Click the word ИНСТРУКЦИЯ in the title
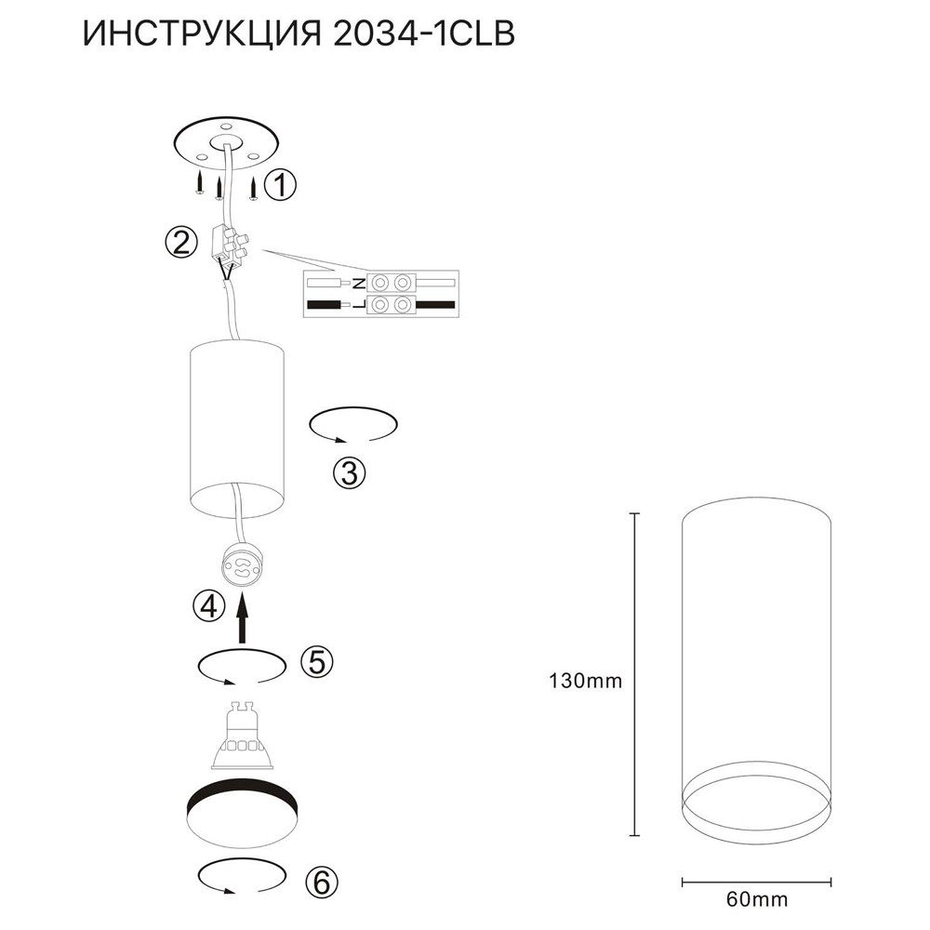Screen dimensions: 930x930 (202, 33)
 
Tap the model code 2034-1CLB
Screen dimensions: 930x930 (424, 33)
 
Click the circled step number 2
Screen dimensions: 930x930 (181, 243)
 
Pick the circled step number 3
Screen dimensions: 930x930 (350, 473)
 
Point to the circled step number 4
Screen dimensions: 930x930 (209, 606)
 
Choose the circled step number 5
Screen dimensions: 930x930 (317, 661)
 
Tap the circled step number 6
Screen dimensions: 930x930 (322, 883)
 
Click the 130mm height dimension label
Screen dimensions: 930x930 (585, 681)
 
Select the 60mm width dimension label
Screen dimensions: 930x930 (757, 899)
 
